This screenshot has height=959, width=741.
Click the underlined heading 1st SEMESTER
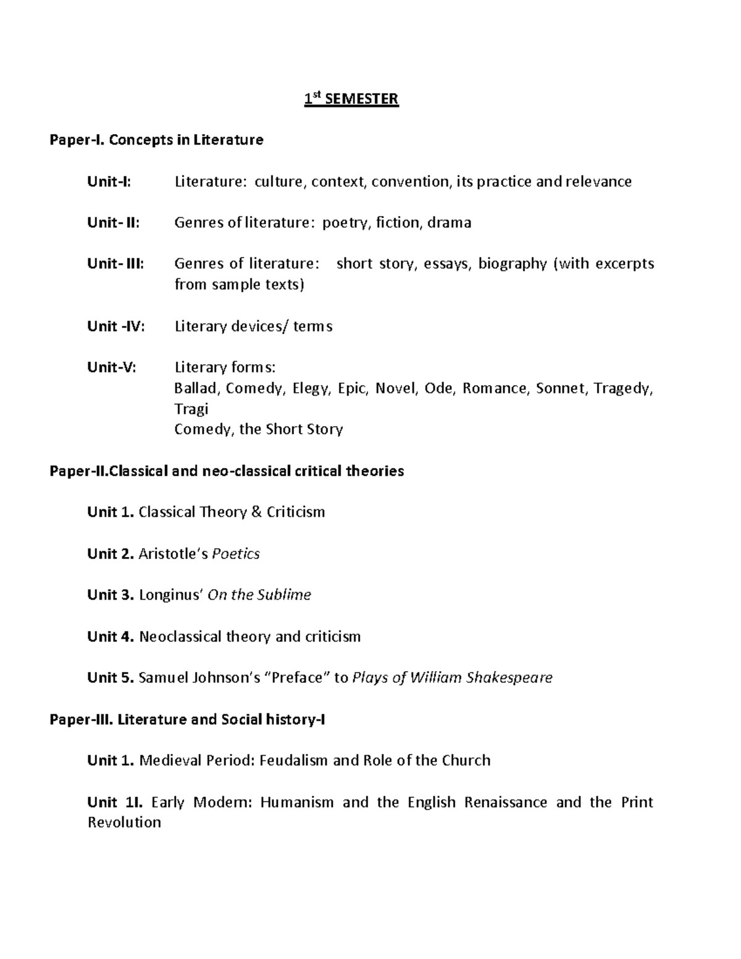click(x=351, y=99)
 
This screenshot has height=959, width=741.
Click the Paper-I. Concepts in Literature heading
click(x=156, y=140)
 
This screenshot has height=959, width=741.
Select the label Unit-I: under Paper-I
click(x=109, y=182)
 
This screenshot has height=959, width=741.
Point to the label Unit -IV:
click(x=116, y=326)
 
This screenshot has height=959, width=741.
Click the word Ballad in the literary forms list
click(x=196, y=388)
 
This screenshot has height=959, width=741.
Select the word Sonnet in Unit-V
click(x=561, y=388)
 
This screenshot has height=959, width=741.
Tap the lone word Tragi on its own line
click(x=191, y=409)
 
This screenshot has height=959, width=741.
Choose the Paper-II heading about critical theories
click(x=227, y=471)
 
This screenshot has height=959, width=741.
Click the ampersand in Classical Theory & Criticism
click(x=257, y=512)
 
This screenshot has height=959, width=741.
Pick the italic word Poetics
click(x=236, y=554)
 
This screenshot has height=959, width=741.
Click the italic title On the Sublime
click(x=259, y=595)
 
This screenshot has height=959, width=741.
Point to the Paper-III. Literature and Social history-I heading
click(x=187, y=719)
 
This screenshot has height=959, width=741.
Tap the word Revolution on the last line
click(x=124, y=823)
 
